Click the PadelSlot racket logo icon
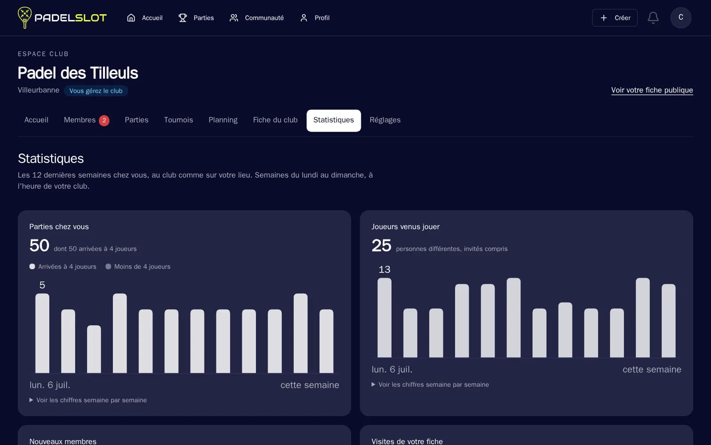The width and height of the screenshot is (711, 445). click(x=24, y=17)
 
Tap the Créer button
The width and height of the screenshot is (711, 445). click(x=615, y=18)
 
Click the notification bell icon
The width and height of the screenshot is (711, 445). click(x=653, y=18)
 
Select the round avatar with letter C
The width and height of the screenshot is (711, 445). click(x=680, y=17)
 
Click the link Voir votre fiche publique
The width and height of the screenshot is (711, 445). click(x=652, y=90)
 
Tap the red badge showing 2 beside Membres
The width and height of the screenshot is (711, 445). click(x=104, y=121)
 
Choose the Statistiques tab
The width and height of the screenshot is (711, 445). click(x=334, y=120)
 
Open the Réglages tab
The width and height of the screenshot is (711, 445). click(x=385, y=120)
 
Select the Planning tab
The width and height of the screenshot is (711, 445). click(x=223, y=120)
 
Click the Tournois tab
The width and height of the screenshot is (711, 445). click(x=178, y=120)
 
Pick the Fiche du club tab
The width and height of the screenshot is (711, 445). click(x=275, y=120)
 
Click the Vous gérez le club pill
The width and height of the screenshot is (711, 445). click(x=96, y=91)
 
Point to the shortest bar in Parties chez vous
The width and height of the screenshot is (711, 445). click(x=94, y=349)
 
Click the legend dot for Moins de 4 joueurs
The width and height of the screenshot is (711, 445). click(x=108, y=267)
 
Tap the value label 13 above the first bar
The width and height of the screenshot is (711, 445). click(x=384, y=270)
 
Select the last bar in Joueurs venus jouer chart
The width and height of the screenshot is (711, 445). click(x=668, y=320)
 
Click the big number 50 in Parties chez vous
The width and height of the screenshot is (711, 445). click(x=39, y=245)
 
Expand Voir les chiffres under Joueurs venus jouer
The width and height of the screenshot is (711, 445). click(x=430, y=384)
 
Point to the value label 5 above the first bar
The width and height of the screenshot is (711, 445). click(x=42, y=285)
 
